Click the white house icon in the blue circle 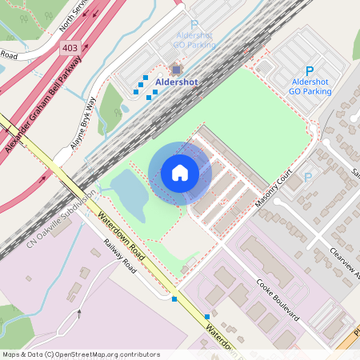[180, 173]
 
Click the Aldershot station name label [176, 82]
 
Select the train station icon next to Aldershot [176, 70]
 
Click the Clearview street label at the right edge [344, 264]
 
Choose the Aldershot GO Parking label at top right [310, 86]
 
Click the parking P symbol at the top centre [194, 26]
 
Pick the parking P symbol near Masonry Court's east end [308, 177]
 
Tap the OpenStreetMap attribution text [80, 354]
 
